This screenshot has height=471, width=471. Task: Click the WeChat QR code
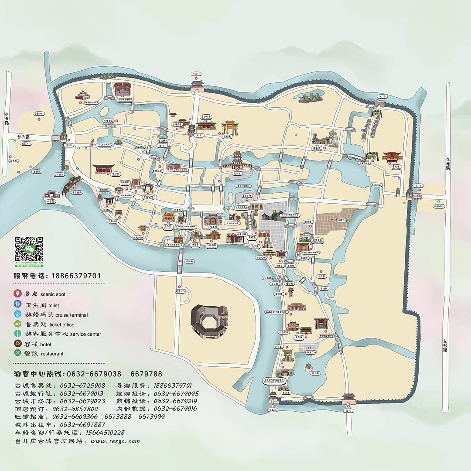coord(29,250)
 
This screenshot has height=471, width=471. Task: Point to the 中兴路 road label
coord(7,118)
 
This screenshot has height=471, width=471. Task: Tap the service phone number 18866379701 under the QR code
coord(76,276)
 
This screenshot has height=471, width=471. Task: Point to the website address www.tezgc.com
coord(115,441)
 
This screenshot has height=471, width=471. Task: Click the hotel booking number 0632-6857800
coord(75,409)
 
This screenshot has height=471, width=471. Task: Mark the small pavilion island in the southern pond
coord(308,367)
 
